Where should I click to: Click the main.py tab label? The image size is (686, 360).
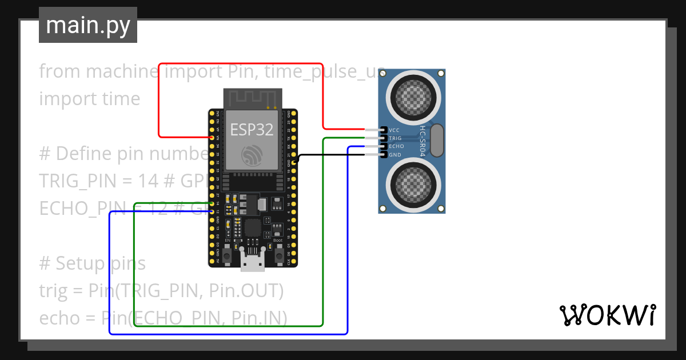click(87, 25)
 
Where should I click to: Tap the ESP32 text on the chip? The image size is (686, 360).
click(252, 130)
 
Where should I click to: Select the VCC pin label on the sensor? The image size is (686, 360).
click(394, 130)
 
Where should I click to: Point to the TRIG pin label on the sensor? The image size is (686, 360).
click(395, 138)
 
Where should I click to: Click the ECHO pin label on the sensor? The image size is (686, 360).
click(396, 146)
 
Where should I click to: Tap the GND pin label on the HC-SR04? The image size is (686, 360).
click(394, 155)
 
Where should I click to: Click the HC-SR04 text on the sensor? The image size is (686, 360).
click(423, 141)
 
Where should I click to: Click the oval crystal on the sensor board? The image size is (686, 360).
click(437, 141)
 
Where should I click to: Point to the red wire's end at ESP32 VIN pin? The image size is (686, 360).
click(212, 138)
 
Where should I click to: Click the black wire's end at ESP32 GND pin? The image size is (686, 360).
click(293, 162)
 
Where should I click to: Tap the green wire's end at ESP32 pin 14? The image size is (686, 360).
click(212, 203)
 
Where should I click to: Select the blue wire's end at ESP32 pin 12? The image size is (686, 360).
click(212, 211)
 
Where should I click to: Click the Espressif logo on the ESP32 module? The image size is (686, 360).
click(252, 155)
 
